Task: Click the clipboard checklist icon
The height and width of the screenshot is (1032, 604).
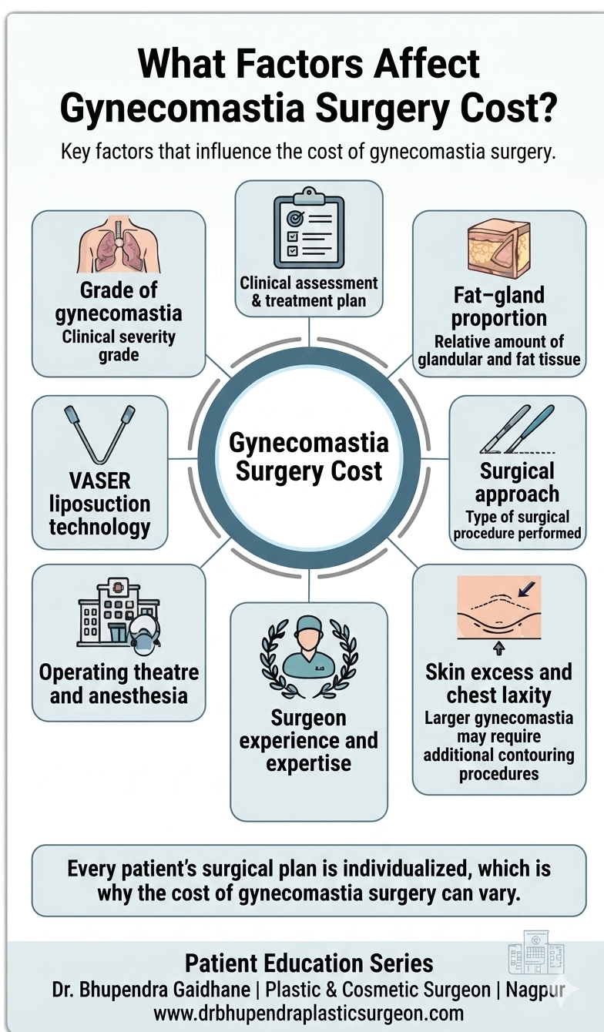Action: coord(308,229)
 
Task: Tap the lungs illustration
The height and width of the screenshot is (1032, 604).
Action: coord(119,246)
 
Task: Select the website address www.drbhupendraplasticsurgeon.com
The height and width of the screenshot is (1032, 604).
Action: coord(308,1013)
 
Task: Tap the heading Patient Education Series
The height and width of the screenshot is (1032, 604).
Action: coord(308,963)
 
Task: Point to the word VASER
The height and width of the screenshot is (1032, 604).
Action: coord(99,481)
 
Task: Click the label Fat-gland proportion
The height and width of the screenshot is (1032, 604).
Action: coord(498,307)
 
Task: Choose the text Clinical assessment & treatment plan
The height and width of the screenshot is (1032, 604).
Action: coord(308,292)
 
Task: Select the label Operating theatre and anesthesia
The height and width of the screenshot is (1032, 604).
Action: coord(119,683)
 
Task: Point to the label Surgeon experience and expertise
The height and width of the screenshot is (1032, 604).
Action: coord(308,741)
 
